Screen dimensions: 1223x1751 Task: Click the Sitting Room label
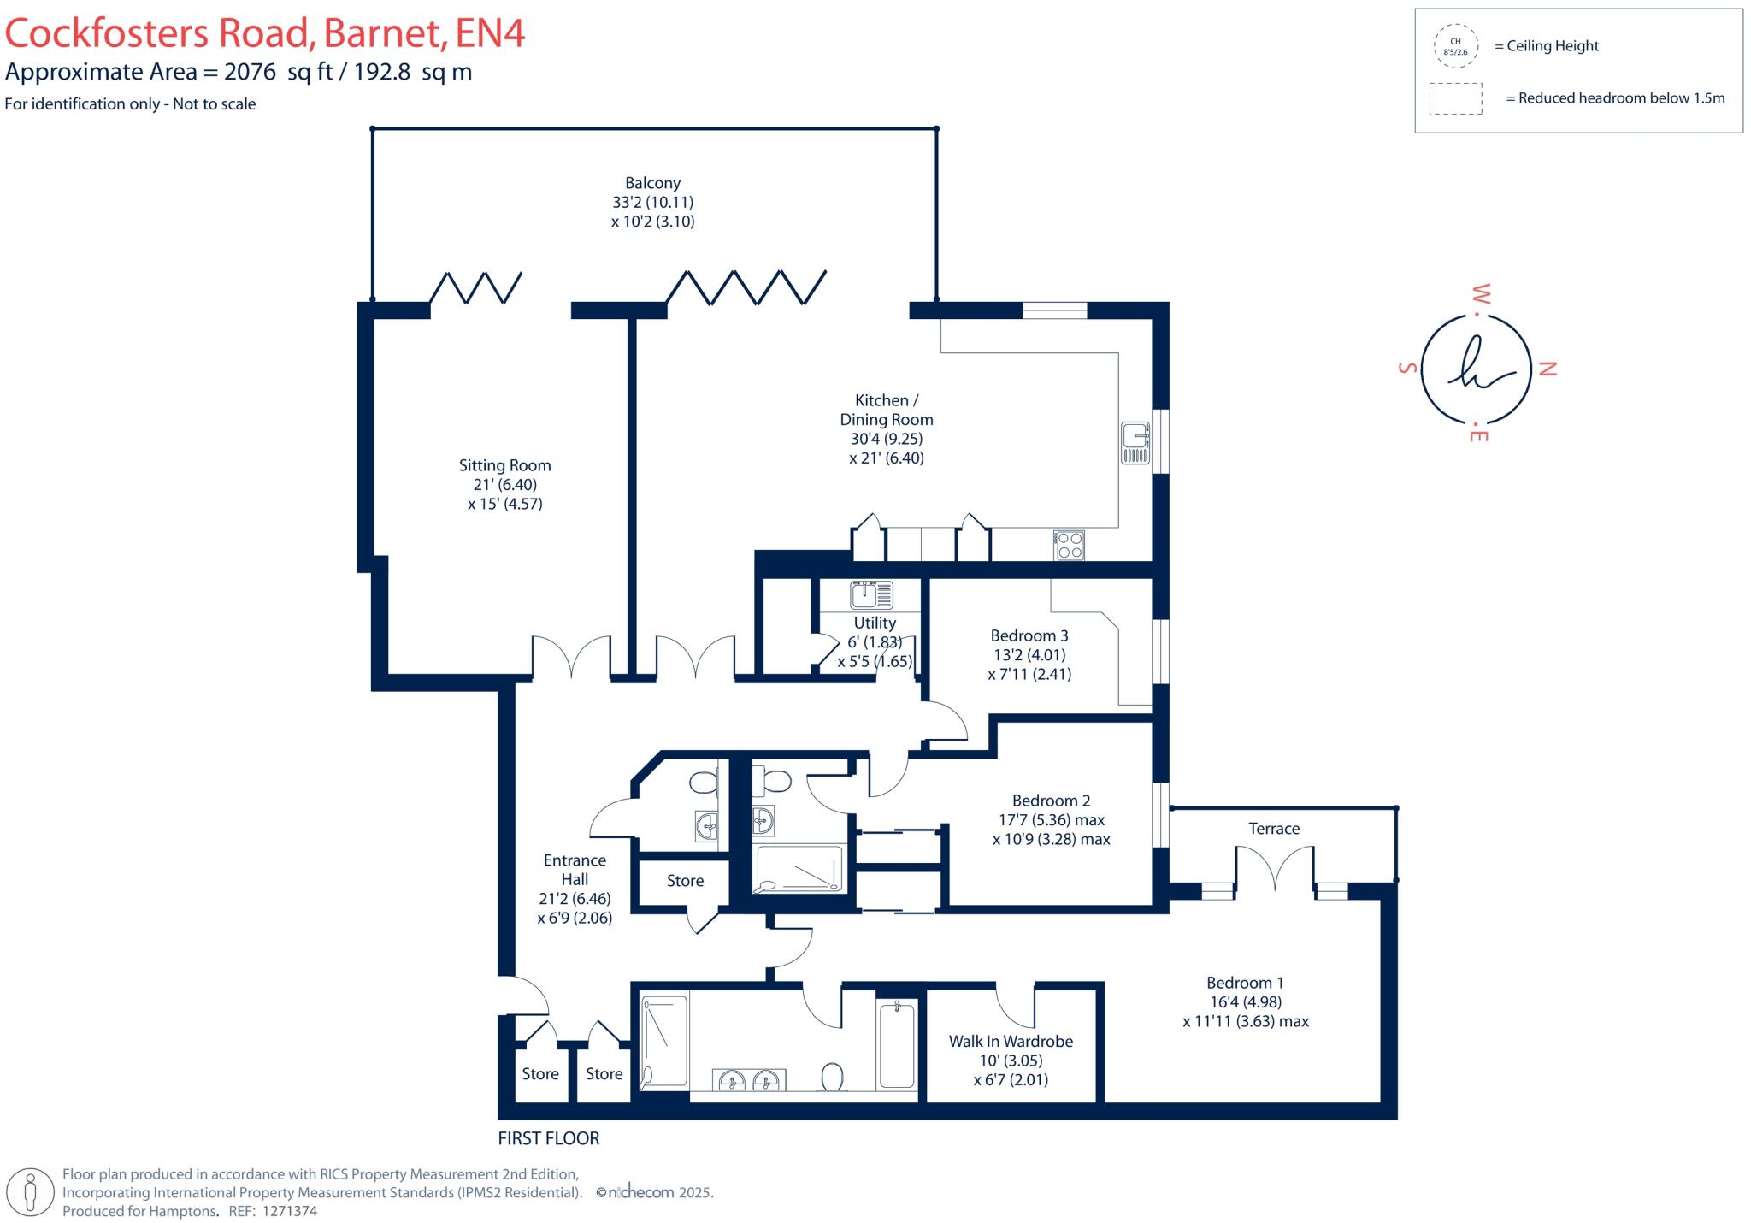click(x=504, y=465)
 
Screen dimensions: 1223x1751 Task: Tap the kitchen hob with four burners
click(x=1070, y=545)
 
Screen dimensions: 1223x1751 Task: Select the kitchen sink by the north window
click(x=1135, y=443)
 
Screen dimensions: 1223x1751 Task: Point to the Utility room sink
click(x=871, y=594)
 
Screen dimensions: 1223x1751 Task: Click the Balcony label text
click(x=652, y=183)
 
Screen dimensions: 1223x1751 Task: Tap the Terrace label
click(x=1273, y=828)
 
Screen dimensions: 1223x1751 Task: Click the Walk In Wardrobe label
click(x=1011, y=1041)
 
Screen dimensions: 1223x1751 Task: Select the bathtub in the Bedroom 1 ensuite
click(x=897, y=1045)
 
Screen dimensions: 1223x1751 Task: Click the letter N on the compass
click(x=1548, y=369)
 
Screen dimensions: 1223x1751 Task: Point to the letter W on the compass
click(x=1480, y=295)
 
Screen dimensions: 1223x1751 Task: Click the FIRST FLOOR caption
click(x=549, y=1138)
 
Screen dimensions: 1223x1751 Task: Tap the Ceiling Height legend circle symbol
click(x=1455, y=46)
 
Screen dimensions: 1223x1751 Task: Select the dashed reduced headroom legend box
click(x=1455, y=98)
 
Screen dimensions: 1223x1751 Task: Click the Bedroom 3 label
click(x=1029, y=635)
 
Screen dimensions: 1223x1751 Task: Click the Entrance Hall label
click(x=575, y=869)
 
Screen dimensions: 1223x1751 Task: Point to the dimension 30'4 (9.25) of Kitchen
click(x=886, y=439)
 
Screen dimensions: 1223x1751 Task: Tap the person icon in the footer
click(x=32, y=1192)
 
